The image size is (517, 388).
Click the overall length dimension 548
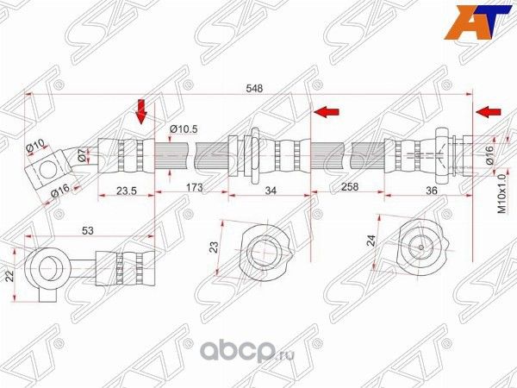tap(252, 88)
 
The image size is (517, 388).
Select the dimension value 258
tap(350, 187)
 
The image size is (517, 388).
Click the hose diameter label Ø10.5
tap(184, 129)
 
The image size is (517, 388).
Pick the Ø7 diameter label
tap(83, 155)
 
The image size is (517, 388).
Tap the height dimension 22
tap(11, 276)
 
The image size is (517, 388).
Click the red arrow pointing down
tap(144, 110)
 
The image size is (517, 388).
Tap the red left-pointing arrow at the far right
tap(489, 112)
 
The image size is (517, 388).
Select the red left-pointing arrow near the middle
tap(327, 111)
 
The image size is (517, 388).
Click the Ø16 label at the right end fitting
tap(488, 154)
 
